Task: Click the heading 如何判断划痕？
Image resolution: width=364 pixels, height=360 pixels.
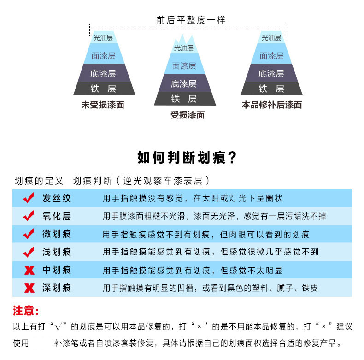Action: point(187,157)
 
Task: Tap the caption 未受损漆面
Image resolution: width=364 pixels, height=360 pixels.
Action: point(103,105)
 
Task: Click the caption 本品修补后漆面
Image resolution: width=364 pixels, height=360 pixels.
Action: point(272,105)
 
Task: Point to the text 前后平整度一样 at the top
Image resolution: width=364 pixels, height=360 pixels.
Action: point(191,20)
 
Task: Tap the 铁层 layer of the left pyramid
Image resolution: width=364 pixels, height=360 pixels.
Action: point(104,89)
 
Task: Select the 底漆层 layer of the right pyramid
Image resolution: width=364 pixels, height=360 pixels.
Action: point(271,73)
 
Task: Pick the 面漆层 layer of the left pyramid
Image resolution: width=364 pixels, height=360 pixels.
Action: point(103,56)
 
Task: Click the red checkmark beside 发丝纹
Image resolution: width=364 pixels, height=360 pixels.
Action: point(29,198)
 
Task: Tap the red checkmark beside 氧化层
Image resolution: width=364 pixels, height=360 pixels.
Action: point(29,216)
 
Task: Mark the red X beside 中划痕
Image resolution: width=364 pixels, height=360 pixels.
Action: point(29,270)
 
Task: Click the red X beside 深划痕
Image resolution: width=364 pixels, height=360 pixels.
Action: point(29,289)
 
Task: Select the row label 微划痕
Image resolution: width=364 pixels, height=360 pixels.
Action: point(57,234)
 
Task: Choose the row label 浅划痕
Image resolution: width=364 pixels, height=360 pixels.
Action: point(57,252)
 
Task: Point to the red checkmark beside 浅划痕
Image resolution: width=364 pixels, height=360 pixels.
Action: point(29,252)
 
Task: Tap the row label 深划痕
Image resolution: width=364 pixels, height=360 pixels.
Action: point(57,288)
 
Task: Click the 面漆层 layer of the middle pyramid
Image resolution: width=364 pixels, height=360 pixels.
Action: point(184,66)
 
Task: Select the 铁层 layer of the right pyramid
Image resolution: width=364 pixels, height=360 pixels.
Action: point(271,89)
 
